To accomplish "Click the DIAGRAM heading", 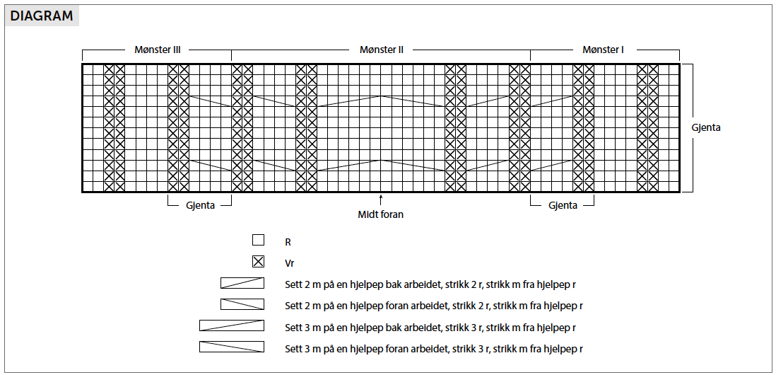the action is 42,16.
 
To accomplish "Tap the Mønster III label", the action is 158,50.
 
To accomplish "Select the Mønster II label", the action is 382,50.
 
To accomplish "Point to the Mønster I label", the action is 604,50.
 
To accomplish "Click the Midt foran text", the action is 380,215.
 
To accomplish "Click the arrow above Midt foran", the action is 380,200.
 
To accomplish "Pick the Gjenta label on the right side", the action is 706,127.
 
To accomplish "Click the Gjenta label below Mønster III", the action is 201,205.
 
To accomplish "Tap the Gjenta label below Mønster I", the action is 563,205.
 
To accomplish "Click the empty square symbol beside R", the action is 259,241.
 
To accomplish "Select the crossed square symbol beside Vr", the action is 259,262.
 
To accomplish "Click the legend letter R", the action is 288,243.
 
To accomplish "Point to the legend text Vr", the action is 290,264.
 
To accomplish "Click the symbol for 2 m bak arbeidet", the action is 242,283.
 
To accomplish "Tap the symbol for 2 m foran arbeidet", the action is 242,304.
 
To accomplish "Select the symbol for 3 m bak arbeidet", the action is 232,325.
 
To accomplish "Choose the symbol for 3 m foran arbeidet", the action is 232,347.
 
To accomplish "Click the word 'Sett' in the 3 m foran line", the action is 293,349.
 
